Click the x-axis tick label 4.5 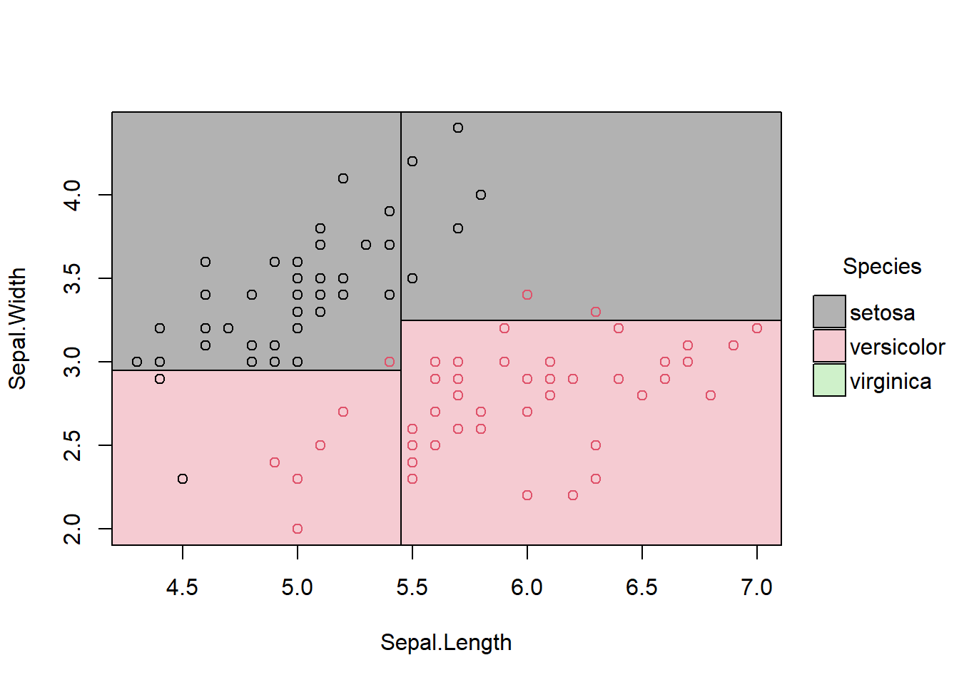coord(182,587)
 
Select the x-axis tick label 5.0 coord(297,587)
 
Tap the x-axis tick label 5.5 coord(412,587)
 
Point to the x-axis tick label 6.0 coord(527,587)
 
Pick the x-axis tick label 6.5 coord(641,587)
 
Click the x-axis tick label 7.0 coord(756,587)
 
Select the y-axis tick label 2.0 coord(72,529)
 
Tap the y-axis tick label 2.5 coord(72,445)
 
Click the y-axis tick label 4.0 coord(72,195)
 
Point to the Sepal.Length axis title coord(446,642)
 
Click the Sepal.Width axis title coord(17,328)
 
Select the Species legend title coord(882,266)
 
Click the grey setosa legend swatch coord(829,312)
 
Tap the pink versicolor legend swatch coord(829,346)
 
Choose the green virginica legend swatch coord(829,380)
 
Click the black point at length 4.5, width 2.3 coord(183,479)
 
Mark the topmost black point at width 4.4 coord(458,128)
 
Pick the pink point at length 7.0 coord(757,328)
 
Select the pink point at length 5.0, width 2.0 coord(298,529)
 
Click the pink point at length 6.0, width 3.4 coord(527,295)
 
